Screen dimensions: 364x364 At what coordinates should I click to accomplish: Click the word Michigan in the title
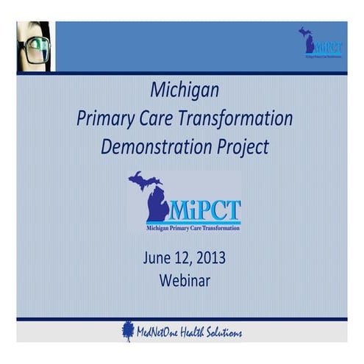coord(185,91)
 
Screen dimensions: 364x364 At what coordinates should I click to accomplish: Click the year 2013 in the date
coord(208,258)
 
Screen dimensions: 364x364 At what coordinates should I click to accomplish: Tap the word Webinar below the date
coord(183,280)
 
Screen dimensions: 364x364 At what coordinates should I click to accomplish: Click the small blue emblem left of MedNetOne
coord(128,332)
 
